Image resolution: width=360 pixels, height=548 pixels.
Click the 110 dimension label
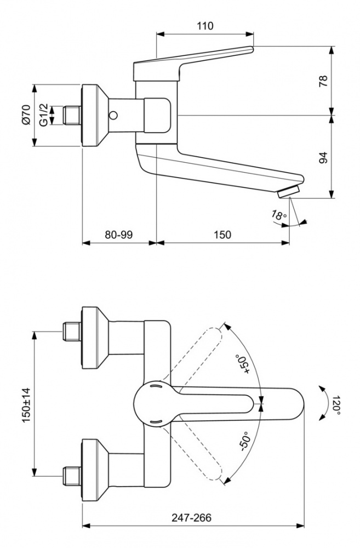(x=205, y=26)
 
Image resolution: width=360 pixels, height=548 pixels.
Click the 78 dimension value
(x=323, y=81)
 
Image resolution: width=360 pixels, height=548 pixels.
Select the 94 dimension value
(x=323, y=158)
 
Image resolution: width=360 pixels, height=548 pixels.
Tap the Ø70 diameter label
(x=25, y=116)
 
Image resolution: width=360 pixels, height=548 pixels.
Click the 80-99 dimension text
(x=119, y=235)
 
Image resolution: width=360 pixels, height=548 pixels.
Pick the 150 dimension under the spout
(x=222, y=235)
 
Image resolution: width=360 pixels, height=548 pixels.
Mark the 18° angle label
(x=279, y=215)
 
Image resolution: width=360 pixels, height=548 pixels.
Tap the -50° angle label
(x=244, y=440)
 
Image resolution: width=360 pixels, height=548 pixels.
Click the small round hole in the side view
(x=114, y=116)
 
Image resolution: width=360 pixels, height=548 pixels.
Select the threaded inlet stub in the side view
(x=72, y=116)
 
